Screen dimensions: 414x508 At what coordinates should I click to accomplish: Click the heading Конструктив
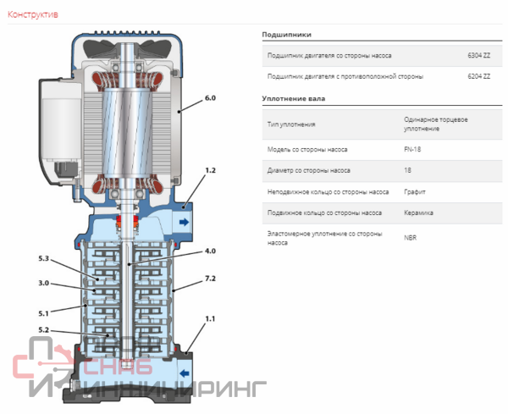point(32,14)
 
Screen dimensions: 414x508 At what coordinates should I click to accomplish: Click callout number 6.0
point(209,98)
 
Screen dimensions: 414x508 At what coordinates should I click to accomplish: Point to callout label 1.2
point(210,170)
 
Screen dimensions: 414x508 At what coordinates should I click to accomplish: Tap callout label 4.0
point(209,250)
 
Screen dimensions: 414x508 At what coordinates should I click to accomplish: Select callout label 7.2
point(210,279)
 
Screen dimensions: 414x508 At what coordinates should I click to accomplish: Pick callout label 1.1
point(210,318)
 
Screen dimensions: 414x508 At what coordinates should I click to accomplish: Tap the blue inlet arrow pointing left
point(185,373)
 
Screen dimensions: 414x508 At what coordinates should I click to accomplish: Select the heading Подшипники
point(287,35)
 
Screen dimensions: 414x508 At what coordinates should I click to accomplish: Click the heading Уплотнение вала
point(293,99)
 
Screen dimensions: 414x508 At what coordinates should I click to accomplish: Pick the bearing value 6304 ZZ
point(479,55)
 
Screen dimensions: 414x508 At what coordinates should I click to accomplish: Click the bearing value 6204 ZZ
point(479,76)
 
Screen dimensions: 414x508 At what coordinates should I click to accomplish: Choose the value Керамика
point(419,213)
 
